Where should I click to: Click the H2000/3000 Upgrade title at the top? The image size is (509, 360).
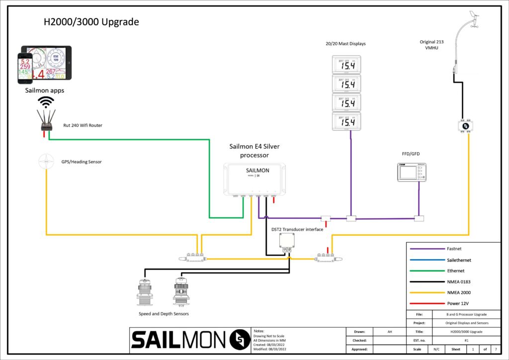click(x=91, y=22)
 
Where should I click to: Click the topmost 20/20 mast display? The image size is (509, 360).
click(x=346, y=65)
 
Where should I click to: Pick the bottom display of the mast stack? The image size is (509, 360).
click(x=346, y=121)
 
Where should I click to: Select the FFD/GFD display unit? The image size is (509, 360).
click(x=412, y=172)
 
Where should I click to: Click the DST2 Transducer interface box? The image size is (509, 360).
click(x=287, y=242)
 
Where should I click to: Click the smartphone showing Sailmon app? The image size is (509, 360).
click(x=25, y=68)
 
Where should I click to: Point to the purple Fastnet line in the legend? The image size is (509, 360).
click(x=426, y=249)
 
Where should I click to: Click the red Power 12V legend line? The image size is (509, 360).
click(x=426, y=303)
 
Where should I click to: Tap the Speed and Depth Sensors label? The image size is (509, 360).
click(x=164, y=314)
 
